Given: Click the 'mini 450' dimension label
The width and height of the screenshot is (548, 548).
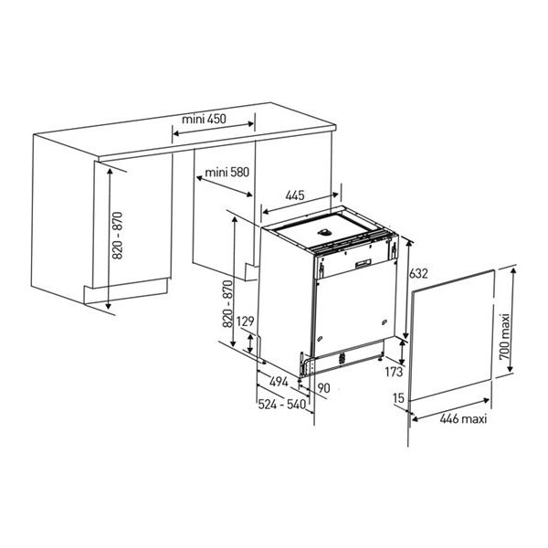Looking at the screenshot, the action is click(204, 119).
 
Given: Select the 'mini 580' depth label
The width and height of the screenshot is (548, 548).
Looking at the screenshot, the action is click(227, 172).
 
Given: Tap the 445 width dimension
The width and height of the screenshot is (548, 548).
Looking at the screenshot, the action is click(295, 195).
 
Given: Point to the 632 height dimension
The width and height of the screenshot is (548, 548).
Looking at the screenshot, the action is click(418, 273).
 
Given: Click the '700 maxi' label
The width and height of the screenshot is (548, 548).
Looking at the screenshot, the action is click(505, 336).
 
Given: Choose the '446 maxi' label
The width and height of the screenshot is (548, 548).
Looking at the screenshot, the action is click(463, 418).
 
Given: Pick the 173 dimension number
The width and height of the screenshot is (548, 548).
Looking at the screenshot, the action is click(394, 372).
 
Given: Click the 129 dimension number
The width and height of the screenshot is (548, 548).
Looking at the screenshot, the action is click(245, 321).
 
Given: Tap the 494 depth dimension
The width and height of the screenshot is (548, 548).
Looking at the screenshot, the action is click(279, 381).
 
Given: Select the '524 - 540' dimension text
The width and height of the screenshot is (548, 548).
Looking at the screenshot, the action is click(281, 405).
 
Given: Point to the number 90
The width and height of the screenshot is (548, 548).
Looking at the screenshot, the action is click(323, 387).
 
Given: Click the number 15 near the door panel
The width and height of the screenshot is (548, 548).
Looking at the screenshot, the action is click(398, 397).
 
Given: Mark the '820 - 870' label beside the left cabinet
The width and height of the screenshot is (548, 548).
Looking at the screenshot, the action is click(118, 236).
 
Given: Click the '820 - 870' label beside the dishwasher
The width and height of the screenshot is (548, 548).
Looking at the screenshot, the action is click(227, 304).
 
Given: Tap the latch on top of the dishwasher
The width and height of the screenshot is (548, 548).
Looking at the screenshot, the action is click(325, 232).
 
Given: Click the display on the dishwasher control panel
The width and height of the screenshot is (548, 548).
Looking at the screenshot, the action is click(364, 263).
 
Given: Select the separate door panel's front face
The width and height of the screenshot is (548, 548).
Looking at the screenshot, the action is click(452, 335).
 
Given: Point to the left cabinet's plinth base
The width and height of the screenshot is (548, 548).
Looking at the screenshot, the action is click(126, 290).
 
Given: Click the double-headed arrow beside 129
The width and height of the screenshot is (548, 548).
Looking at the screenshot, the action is click(250, 343).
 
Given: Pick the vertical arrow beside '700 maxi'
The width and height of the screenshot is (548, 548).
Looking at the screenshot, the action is click(512, 319).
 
